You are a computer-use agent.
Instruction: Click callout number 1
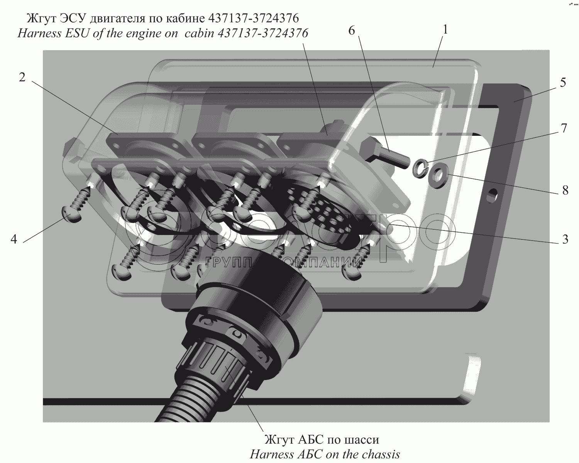tap(445, 30)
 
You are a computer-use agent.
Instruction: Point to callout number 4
tap(14, 238)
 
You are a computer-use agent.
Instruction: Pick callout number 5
tap(563, 82)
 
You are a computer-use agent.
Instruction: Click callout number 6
tap(352, 30)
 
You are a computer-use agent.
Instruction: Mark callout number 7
tap(564, 128)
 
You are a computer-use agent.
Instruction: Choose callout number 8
tap(565, 191)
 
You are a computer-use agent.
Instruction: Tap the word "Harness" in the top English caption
tap(39, 34)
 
